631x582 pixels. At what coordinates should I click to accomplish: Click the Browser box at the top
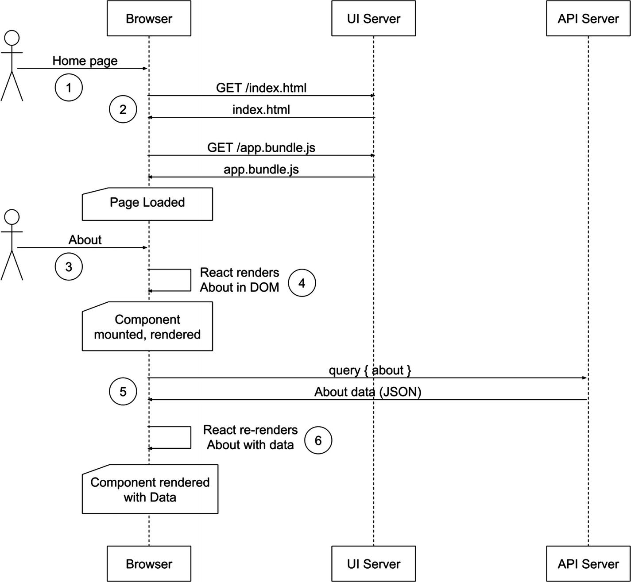point(149,18)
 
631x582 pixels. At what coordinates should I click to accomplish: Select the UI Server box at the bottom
point(373,563)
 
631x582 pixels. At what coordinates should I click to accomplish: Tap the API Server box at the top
point(588,18)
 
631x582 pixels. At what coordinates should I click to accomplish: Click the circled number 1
point(69,88)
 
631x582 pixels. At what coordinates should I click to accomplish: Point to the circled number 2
point(123,109)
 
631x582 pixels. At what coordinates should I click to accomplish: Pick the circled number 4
point(302,283)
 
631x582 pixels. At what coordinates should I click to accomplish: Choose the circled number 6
point(318,440)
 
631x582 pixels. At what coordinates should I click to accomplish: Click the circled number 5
point(123,392)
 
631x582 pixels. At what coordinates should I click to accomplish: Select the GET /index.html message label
point(261,88)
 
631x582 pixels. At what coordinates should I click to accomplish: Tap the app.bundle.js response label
point(261,170)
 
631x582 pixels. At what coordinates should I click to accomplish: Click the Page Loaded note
point(147,203)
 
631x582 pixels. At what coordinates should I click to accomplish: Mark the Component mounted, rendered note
point(147,327)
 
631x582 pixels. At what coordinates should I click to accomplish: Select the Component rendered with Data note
point(150,489)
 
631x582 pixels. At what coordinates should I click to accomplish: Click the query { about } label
point(370,370)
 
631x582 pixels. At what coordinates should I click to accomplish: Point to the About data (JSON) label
point(368,392)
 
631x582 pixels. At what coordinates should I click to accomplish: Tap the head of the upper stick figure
point(12,38)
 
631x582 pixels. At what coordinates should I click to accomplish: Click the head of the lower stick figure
point(12,217)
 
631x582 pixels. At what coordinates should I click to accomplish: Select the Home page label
point(85,61)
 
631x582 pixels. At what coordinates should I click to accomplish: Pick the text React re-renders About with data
point(250,437)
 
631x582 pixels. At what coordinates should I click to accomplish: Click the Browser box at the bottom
point(149,563)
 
